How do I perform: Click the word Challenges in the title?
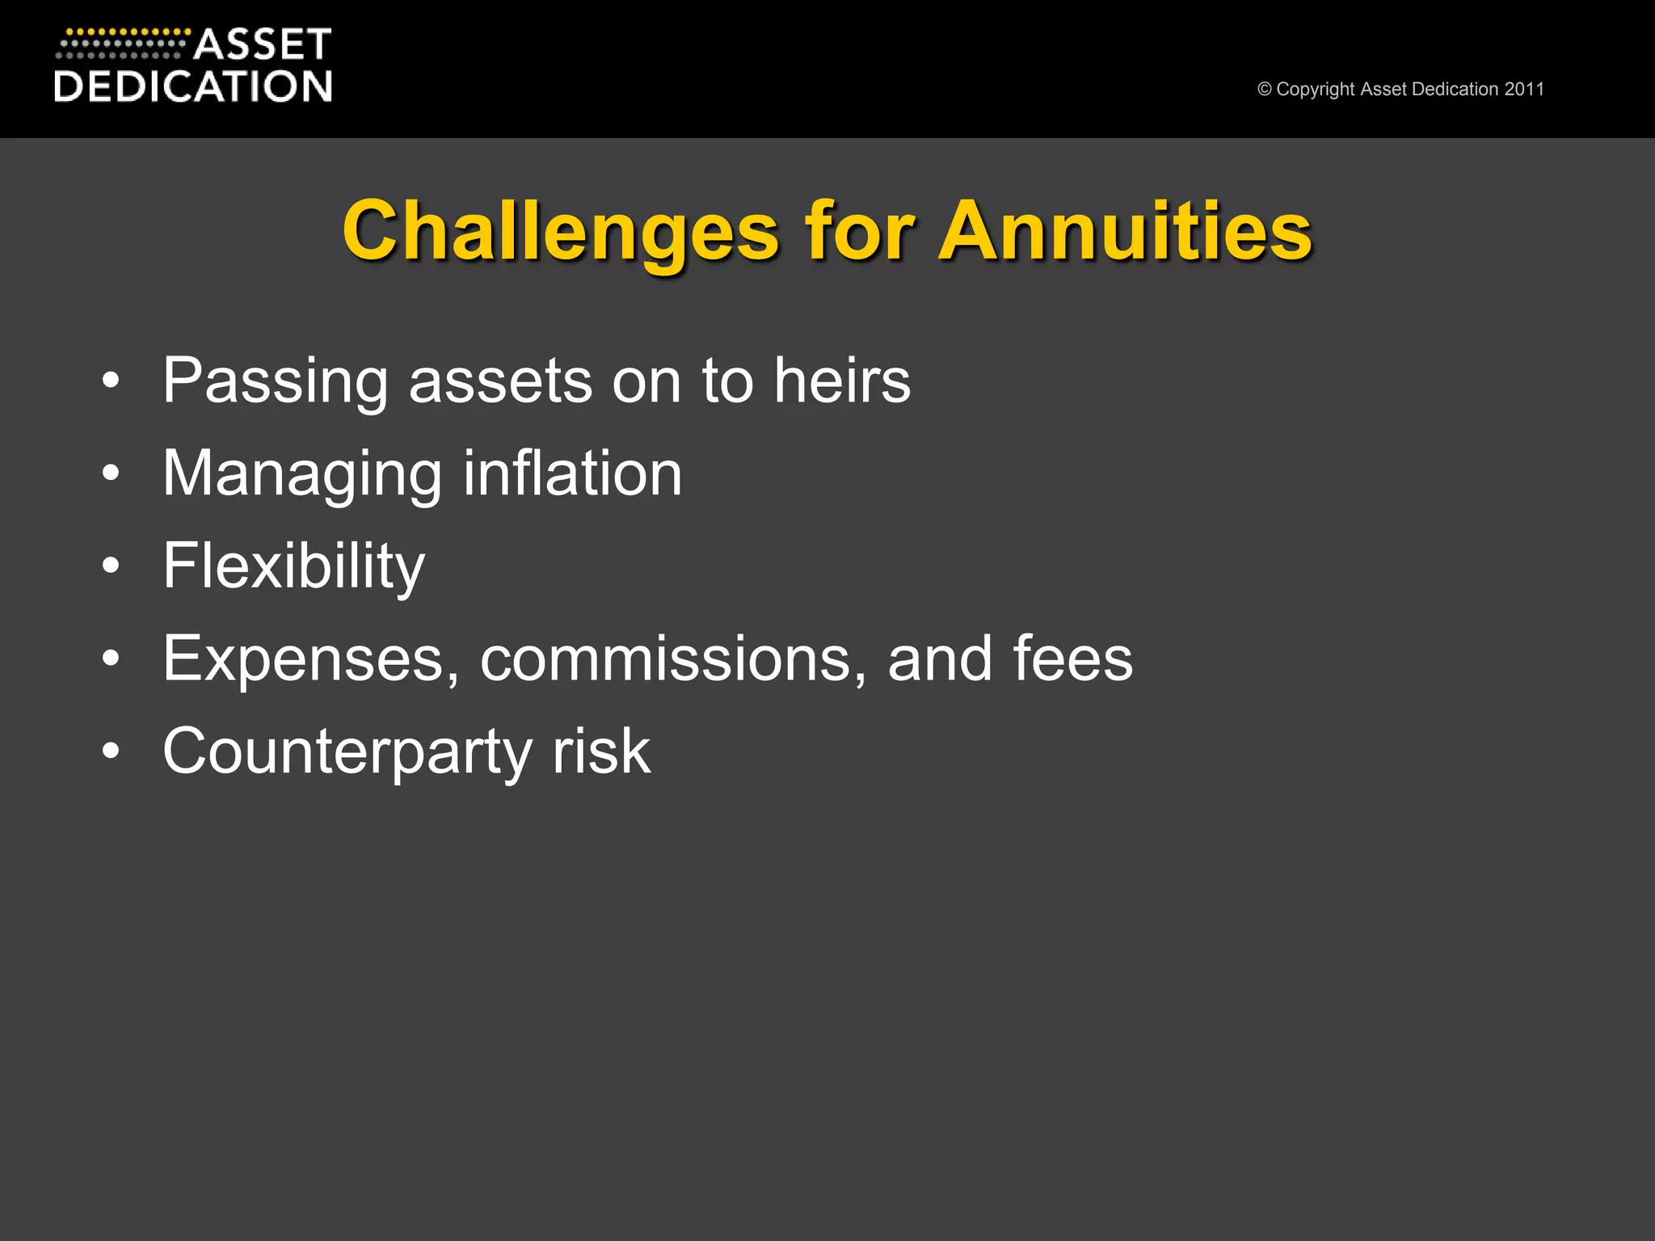tap(560, 232)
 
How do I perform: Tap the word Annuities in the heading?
tap(1125, 232)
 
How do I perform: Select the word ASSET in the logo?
tap(263, 44)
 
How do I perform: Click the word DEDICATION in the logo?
tap(193, 86)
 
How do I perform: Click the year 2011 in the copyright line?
tap(1523, 89)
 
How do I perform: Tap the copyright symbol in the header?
tap(1264, 90)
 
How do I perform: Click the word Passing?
tap(275, 381)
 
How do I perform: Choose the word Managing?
tap(302, 474)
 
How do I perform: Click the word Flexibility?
tap(293, 566)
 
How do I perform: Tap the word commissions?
tap(666, 658)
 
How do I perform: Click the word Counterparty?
tap(347, 752)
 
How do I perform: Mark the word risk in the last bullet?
tap(601, 751)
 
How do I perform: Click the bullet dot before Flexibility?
tap(111, 566)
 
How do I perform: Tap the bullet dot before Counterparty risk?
tap(111, 751)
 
